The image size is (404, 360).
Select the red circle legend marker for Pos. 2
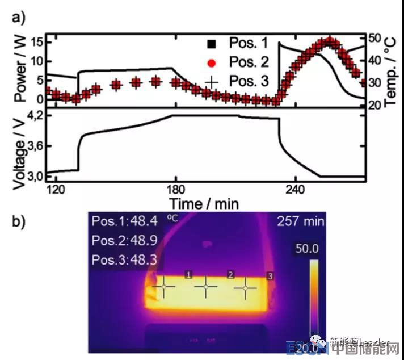click(211, 62)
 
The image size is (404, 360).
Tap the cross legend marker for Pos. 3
click(211, 82)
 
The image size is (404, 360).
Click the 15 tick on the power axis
click(38, 41)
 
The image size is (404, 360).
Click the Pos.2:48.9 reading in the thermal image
click(125, 241)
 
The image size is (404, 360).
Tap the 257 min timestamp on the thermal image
click(299, 221)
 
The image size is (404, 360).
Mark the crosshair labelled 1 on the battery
click(164, 287)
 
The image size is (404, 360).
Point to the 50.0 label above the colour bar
click(306, 249)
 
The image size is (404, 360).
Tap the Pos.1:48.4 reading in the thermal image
click(125, 221)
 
